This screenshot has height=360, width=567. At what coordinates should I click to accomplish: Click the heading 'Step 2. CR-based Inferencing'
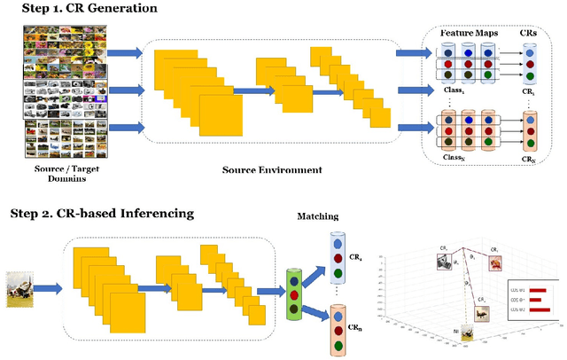coord(102,214)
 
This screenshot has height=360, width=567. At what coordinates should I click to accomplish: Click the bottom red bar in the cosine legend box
coord(538,309)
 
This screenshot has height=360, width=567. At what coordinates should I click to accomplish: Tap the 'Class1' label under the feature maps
coord(454,92)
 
